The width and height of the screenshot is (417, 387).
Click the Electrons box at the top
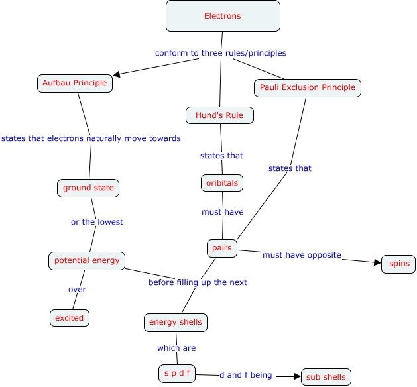coord(223,16)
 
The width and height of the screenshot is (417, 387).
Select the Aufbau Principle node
coord(74,83)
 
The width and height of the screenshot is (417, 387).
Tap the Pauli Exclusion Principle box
coord(307,87)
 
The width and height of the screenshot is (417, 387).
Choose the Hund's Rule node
coord(219,115)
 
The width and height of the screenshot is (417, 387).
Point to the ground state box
coord(88,188)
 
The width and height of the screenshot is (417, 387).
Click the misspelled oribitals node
coord(221,182)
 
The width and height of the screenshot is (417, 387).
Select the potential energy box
coord(87,260)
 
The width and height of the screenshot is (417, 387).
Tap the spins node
coord(399,264)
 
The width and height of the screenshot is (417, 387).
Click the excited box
coord(70,318)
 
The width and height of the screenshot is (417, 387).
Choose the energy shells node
coord(176,323)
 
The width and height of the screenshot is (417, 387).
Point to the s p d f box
coord(177,374)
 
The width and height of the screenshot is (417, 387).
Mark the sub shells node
coord(326,377)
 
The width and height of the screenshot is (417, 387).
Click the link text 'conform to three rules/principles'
coord(221,53)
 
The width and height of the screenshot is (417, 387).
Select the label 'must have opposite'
coord(302,255)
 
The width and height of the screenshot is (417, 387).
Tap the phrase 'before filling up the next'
coord(198,282)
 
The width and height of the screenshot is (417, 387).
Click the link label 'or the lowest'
coord(97,222)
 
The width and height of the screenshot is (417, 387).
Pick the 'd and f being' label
coord(246,375)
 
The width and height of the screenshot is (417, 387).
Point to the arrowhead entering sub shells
coord(297,376)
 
